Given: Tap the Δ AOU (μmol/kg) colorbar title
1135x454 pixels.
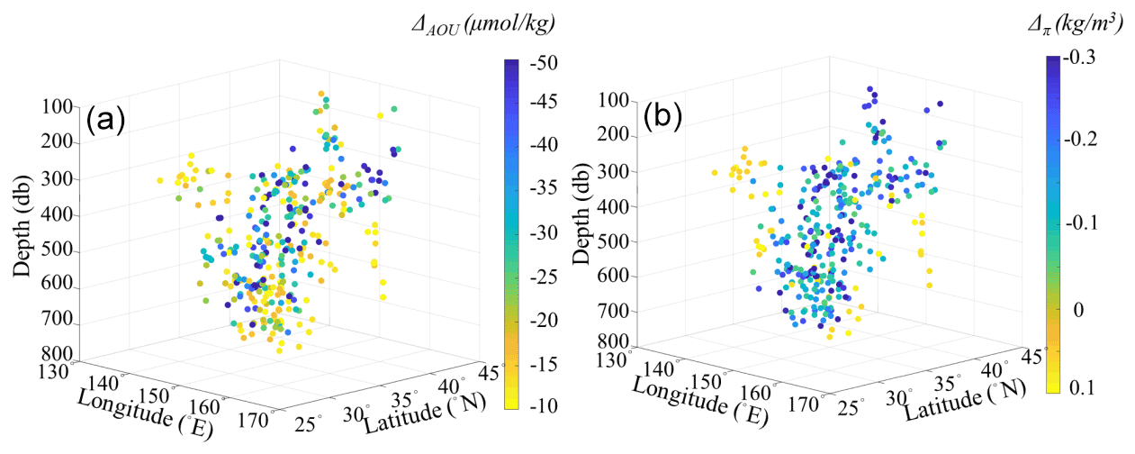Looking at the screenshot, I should (x=482, y=26).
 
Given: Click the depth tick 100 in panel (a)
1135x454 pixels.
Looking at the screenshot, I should (x=56, y=107).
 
